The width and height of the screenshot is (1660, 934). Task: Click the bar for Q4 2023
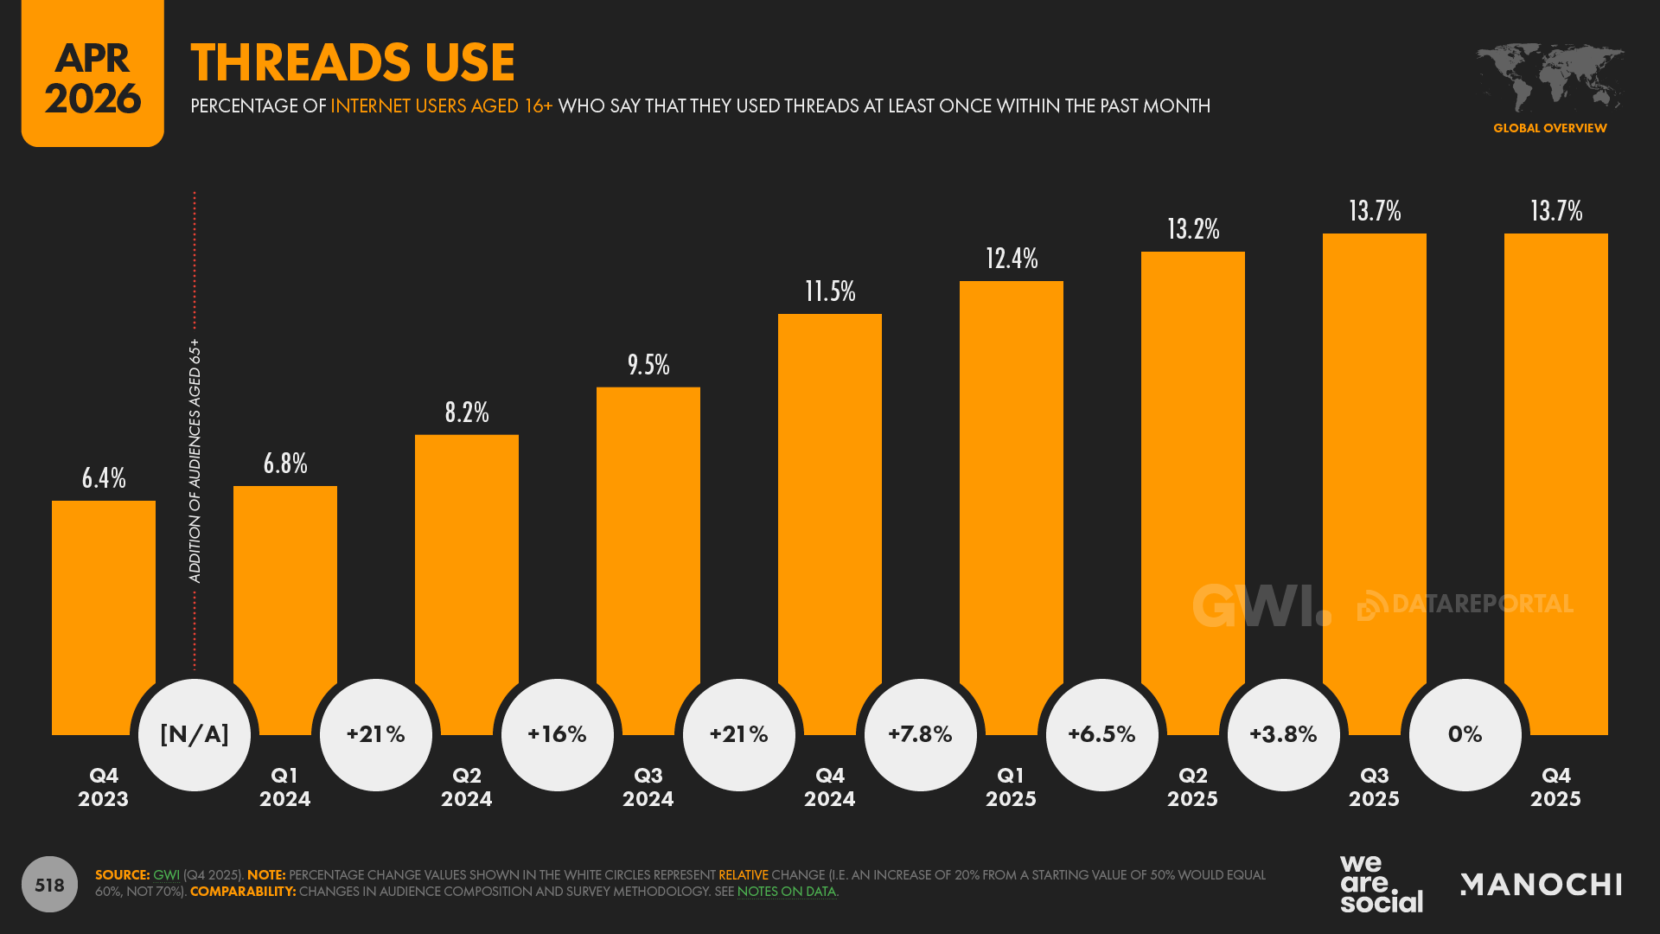(104, 605)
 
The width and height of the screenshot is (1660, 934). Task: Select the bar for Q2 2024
(467, 571)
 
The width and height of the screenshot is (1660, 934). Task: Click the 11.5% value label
(830, 291)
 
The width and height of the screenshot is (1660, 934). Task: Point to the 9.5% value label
(648, 365)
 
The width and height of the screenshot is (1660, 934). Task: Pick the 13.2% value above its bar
(1193, 229)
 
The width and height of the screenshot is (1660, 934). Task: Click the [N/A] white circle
(195, 734)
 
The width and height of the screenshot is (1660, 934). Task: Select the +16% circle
(558, 734)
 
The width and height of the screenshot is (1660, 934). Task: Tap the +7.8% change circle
(921, 734)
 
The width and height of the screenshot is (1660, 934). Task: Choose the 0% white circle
(1465, 734)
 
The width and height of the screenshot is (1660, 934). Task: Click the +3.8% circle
(1284, 734)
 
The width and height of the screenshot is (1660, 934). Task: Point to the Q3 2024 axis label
(648, 787)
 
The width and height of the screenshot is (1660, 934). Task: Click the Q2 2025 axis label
(1193, 787)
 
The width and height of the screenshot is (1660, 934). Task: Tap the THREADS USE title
(353, 62)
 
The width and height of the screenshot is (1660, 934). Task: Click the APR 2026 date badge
(93, 78)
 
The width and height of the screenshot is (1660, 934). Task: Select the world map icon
(1549, 78)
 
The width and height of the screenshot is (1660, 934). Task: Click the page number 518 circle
(49, 884)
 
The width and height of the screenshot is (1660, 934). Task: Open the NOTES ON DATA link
(787, 892)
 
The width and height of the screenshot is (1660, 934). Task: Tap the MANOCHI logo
(1541, 884)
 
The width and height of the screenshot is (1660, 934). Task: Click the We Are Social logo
(1381, 884)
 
